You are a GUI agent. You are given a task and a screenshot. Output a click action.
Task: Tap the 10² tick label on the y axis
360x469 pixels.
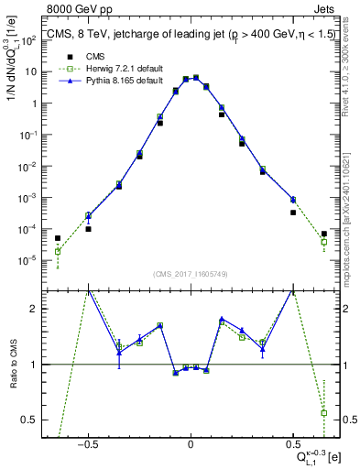click(x=33, y=40)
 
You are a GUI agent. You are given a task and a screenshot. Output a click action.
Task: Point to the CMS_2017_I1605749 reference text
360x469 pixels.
click(x=191, y=274)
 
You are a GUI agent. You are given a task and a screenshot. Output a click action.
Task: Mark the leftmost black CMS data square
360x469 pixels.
click(x=58, y=238)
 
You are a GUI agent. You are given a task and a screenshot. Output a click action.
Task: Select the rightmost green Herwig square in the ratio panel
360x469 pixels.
click(x=324, y=412)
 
